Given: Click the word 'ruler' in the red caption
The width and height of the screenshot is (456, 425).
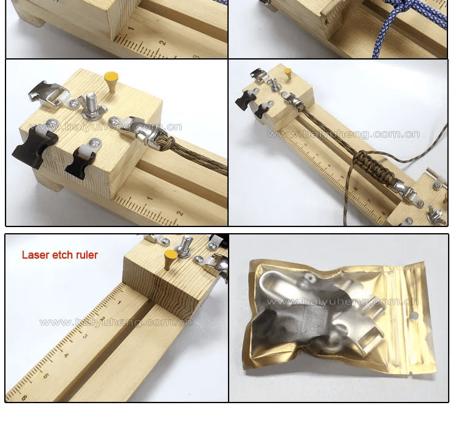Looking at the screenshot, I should (85, 255).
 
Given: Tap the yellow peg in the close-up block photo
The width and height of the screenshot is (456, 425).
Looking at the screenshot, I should (111, 80).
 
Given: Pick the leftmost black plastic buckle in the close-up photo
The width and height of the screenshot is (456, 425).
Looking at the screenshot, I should (36, 144).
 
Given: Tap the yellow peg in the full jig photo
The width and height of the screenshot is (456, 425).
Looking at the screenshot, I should (288, 73).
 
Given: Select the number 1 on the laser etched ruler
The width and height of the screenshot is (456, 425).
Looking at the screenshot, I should (119, 302).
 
